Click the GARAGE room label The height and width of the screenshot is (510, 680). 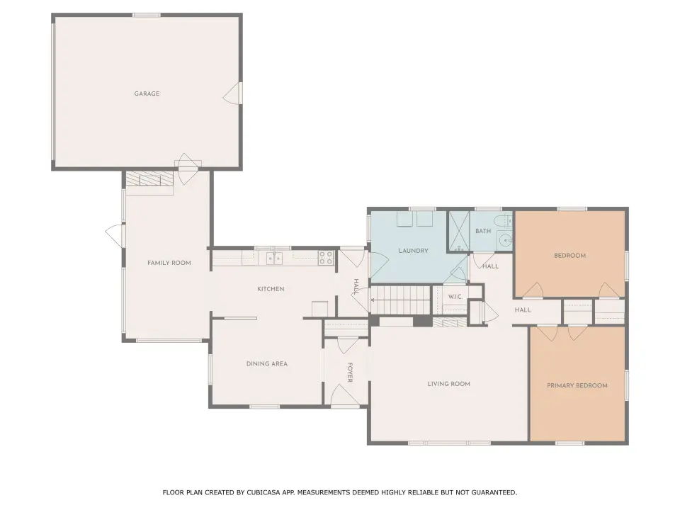coord(147,93)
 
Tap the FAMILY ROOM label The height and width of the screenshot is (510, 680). coord(169,263)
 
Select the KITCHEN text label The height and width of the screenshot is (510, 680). coord(271,289)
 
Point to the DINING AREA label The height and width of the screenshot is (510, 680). coord(267,364)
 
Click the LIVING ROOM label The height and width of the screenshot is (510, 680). coord(448,384)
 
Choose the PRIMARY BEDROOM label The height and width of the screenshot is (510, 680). coord(577,385)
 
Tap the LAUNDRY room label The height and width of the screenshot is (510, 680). coord(413,251)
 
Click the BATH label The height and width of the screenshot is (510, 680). coord(482,231)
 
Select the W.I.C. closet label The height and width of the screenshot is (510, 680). coord(455,297)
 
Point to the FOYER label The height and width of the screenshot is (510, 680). coord(349,373)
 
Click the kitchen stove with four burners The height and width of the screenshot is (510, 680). coord(326,258)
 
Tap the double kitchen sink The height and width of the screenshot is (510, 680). coord(274,258)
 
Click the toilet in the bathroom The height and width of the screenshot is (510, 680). coord(505,221)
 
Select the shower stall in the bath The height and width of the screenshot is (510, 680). coord(459,231)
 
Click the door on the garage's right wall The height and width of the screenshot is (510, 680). coord(232,93)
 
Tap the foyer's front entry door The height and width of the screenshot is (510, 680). coord(345,396)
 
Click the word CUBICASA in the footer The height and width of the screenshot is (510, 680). coord(263,492)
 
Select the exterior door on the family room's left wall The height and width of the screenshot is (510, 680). coord(115,236)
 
